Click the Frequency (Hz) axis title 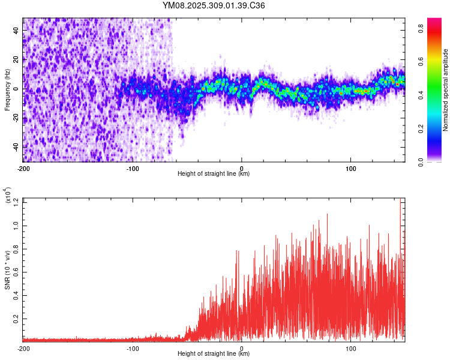point(8,89)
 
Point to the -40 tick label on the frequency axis point(15,147)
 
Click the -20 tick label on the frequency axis point(15,118)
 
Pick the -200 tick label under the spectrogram point(24,167)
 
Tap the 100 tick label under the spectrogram point(350,167)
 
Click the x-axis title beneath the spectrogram point(214,174)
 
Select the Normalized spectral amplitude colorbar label point(446,90)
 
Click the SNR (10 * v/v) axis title point(8,269)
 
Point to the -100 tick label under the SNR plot point(133,347)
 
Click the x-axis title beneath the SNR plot point(214,354)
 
